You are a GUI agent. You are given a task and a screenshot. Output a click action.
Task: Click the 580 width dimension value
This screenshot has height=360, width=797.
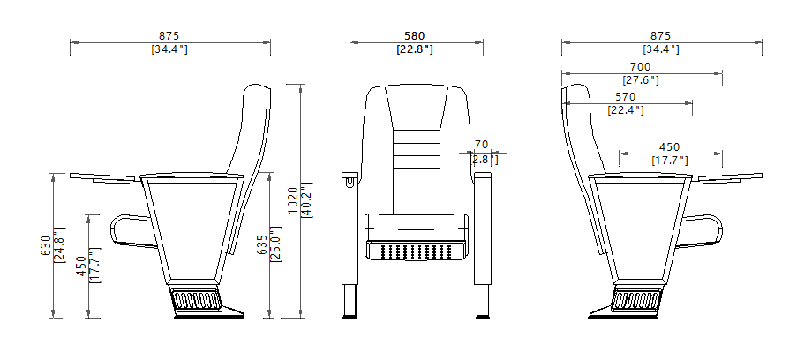[415, 36]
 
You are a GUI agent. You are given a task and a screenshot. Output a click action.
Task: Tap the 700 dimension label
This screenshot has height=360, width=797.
[641, 67]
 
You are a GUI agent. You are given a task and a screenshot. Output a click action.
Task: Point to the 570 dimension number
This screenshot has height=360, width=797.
[625, 97]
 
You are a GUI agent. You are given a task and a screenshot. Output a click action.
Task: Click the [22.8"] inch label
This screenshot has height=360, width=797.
[415, 50]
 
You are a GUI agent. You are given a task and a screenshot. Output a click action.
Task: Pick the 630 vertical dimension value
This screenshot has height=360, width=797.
[45, 246]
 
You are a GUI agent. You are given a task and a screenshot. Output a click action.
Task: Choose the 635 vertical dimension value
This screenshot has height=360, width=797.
[262, 244]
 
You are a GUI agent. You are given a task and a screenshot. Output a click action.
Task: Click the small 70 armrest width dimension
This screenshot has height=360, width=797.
[481, 145]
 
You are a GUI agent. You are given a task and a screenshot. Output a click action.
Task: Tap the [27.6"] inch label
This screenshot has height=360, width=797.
[641, 80]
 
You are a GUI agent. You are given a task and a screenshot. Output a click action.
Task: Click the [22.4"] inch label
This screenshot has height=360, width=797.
[625, 110]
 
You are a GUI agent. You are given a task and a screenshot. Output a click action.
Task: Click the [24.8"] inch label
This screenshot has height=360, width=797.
[58, 246]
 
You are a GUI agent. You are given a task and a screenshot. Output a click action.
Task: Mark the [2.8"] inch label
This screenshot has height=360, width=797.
[483, 160]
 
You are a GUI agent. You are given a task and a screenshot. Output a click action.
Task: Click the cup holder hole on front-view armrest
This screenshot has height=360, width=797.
[350, 184]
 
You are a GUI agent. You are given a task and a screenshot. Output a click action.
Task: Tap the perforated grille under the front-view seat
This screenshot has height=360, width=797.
[415, 251]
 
